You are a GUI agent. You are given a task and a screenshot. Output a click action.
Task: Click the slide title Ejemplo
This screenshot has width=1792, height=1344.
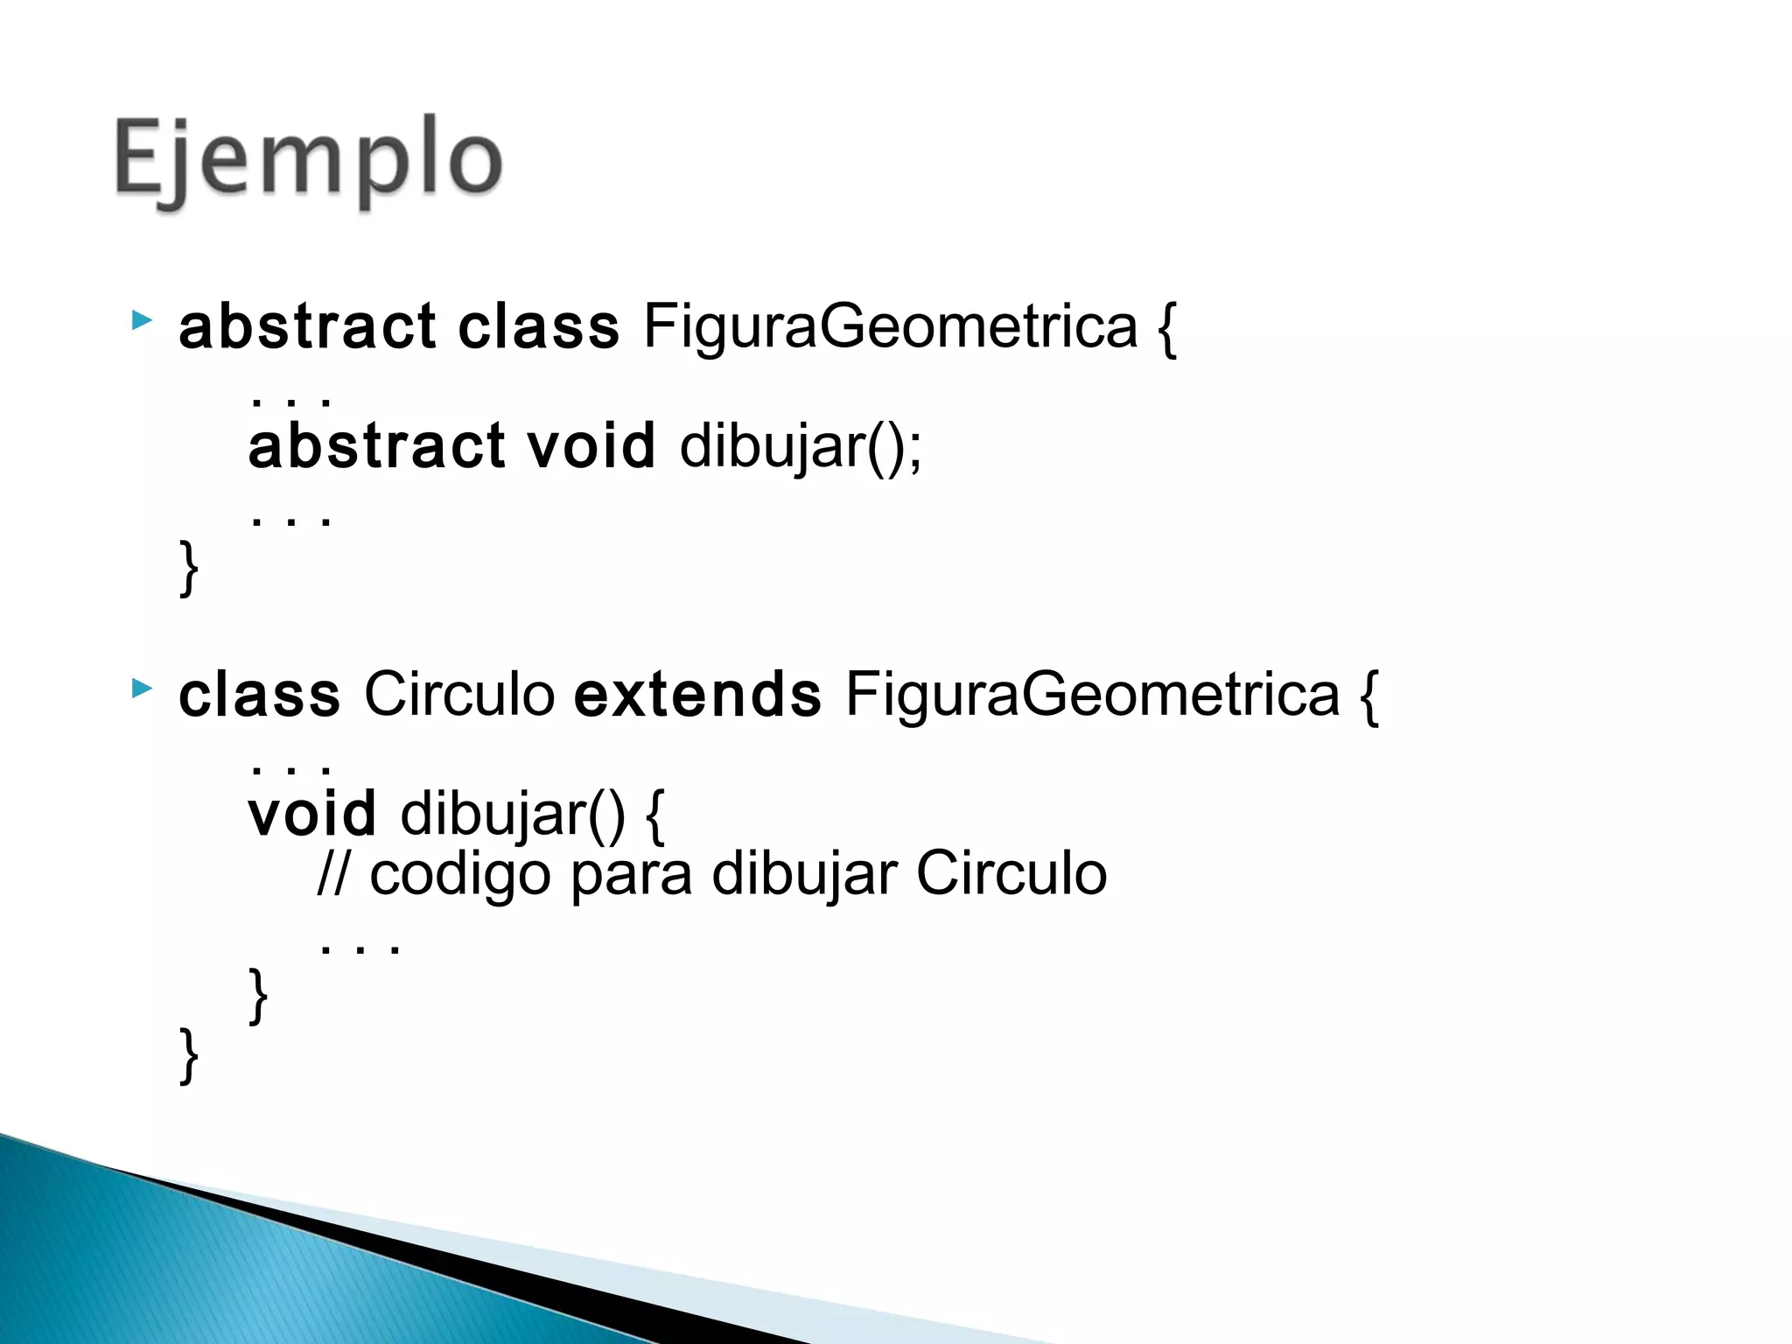[x=308, y=163]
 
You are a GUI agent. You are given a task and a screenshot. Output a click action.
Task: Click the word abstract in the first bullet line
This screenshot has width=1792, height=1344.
[x=307, y=327]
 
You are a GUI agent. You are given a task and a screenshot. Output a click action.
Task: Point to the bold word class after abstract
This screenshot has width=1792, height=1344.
[x=539, y=327]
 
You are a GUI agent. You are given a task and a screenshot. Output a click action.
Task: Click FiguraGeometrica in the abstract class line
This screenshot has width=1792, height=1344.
[x=890, y=327]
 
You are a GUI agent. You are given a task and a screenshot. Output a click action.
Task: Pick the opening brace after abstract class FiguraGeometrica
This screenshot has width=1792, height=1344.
[x=1167, y=329]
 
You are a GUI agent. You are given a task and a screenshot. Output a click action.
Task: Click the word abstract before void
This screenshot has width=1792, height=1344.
[x=376, y=446]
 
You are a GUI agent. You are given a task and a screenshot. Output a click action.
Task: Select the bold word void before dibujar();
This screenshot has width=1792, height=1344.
[x=591, y=446]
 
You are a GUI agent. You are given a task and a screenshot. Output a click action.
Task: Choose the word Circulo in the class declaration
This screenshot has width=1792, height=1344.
[x=459, y=696]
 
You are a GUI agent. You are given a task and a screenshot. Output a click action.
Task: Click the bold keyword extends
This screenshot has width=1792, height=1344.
[x=697, y=696]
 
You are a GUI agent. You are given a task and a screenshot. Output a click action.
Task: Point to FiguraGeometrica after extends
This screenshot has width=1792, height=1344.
[x=1092, y=696]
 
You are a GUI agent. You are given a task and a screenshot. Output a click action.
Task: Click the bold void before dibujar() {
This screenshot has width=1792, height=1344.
[x=312, y=814]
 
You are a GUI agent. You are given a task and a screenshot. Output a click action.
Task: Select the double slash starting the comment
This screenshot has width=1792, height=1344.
[x=332, y=874]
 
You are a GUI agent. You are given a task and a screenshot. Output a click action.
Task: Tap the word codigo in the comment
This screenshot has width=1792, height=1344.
[x=460, y=876]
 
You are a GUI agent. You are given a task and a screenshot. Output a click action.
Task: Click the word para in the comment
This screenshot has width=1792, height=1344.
[x=631, y=876]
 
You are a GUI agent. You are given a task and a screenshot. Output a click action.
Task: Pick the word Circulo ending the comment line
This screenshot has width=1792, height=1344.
[x=1011, y=874]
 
